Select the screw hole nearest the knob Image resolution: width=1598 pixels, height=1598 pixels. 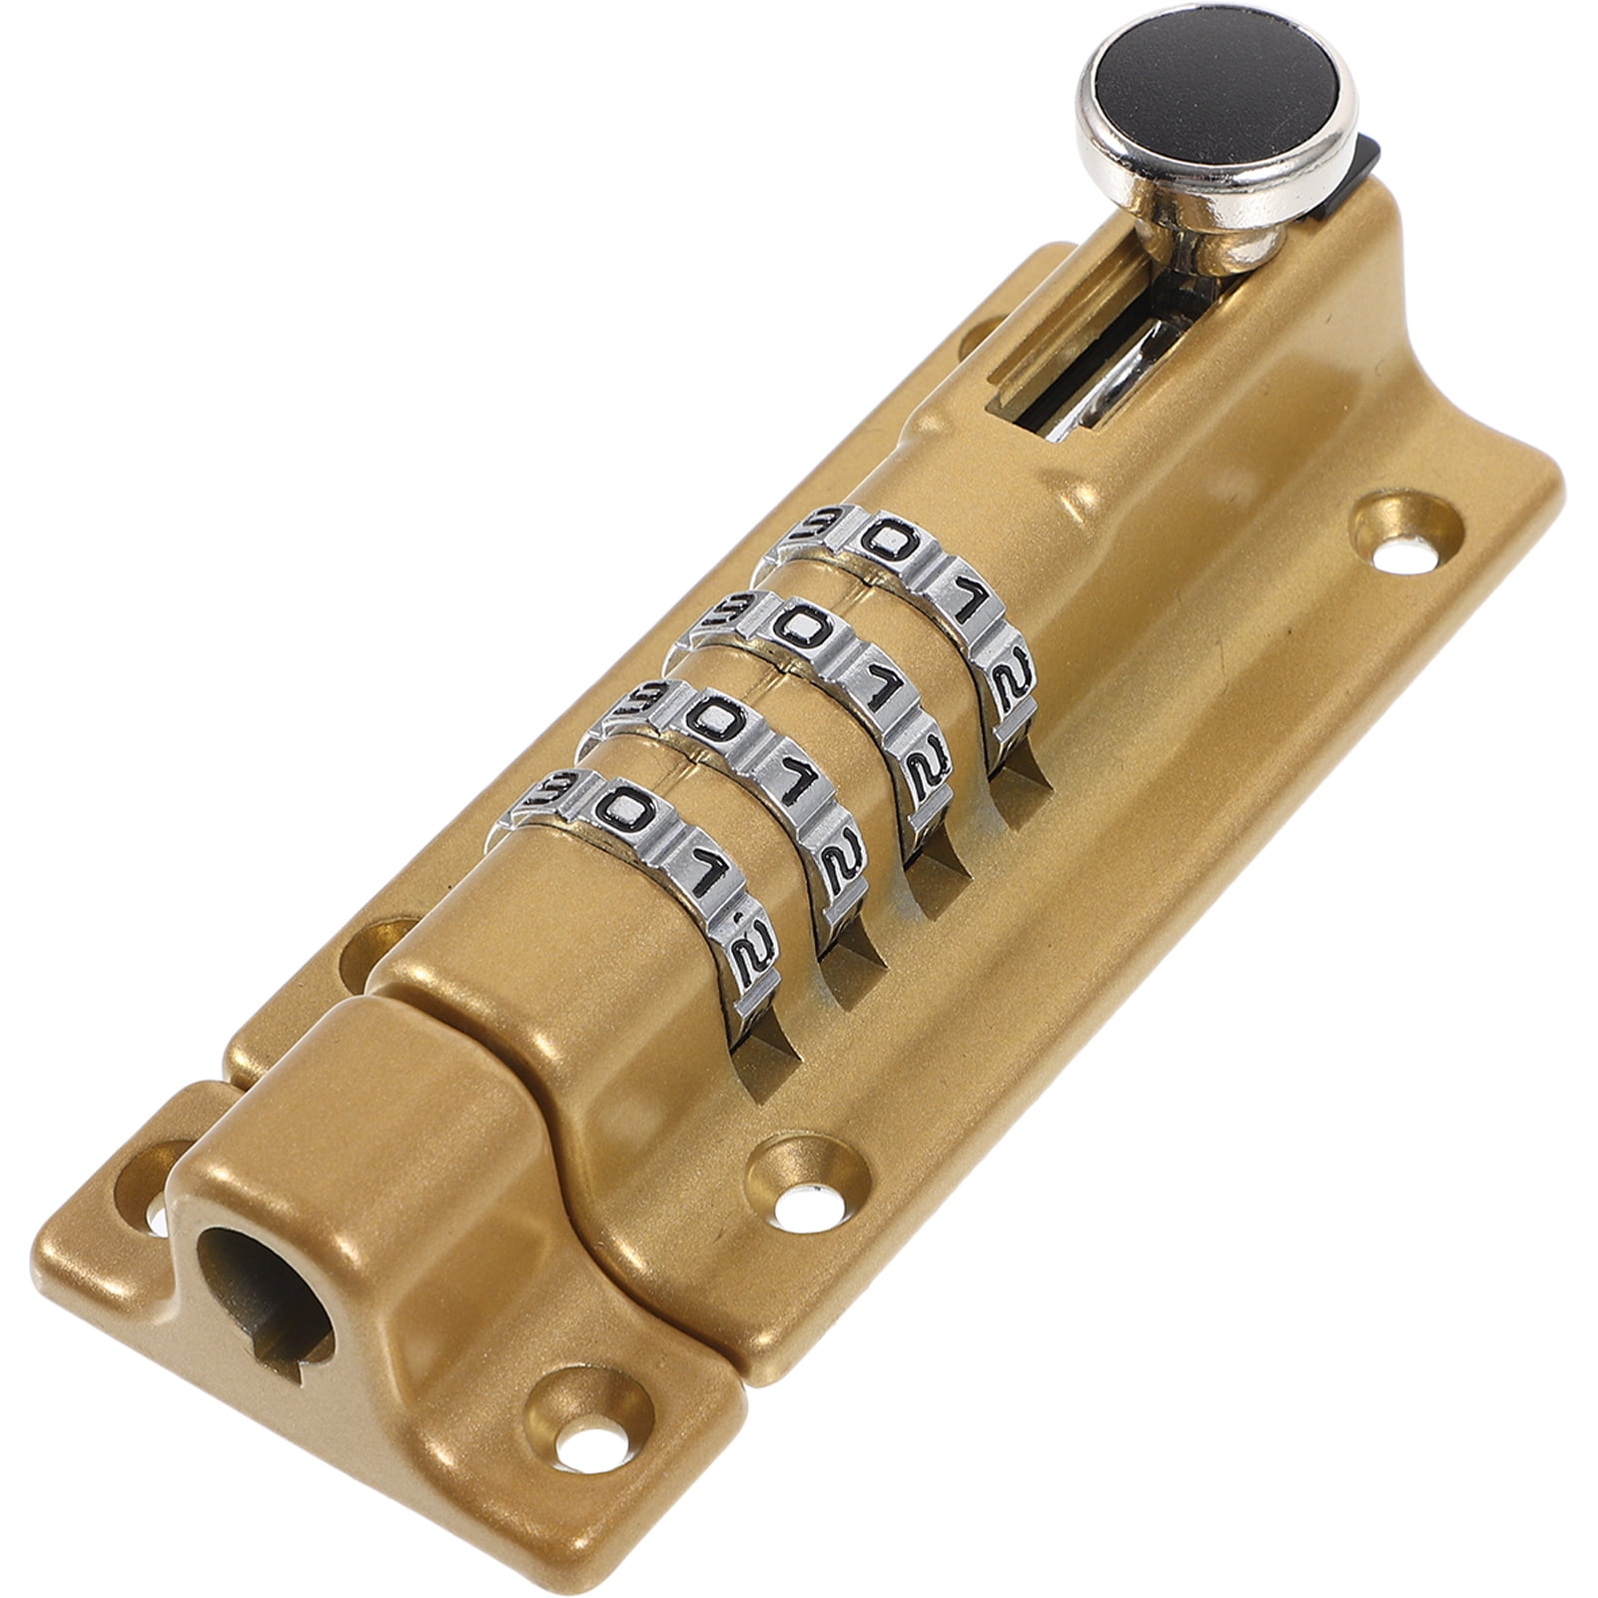pyautogui.click(x=1407, y=539)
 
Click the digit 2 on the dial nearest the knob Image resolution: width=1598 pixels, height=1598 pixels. pyautogui.click(x=1004, y=679)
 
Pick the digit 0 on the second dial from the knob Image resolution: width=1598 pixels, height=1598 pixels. pyautogui.click(x=796, y=627)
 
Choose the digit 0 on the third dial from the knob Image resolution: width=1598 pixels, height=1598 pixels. pyautogui.click(x=711, y=717)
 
